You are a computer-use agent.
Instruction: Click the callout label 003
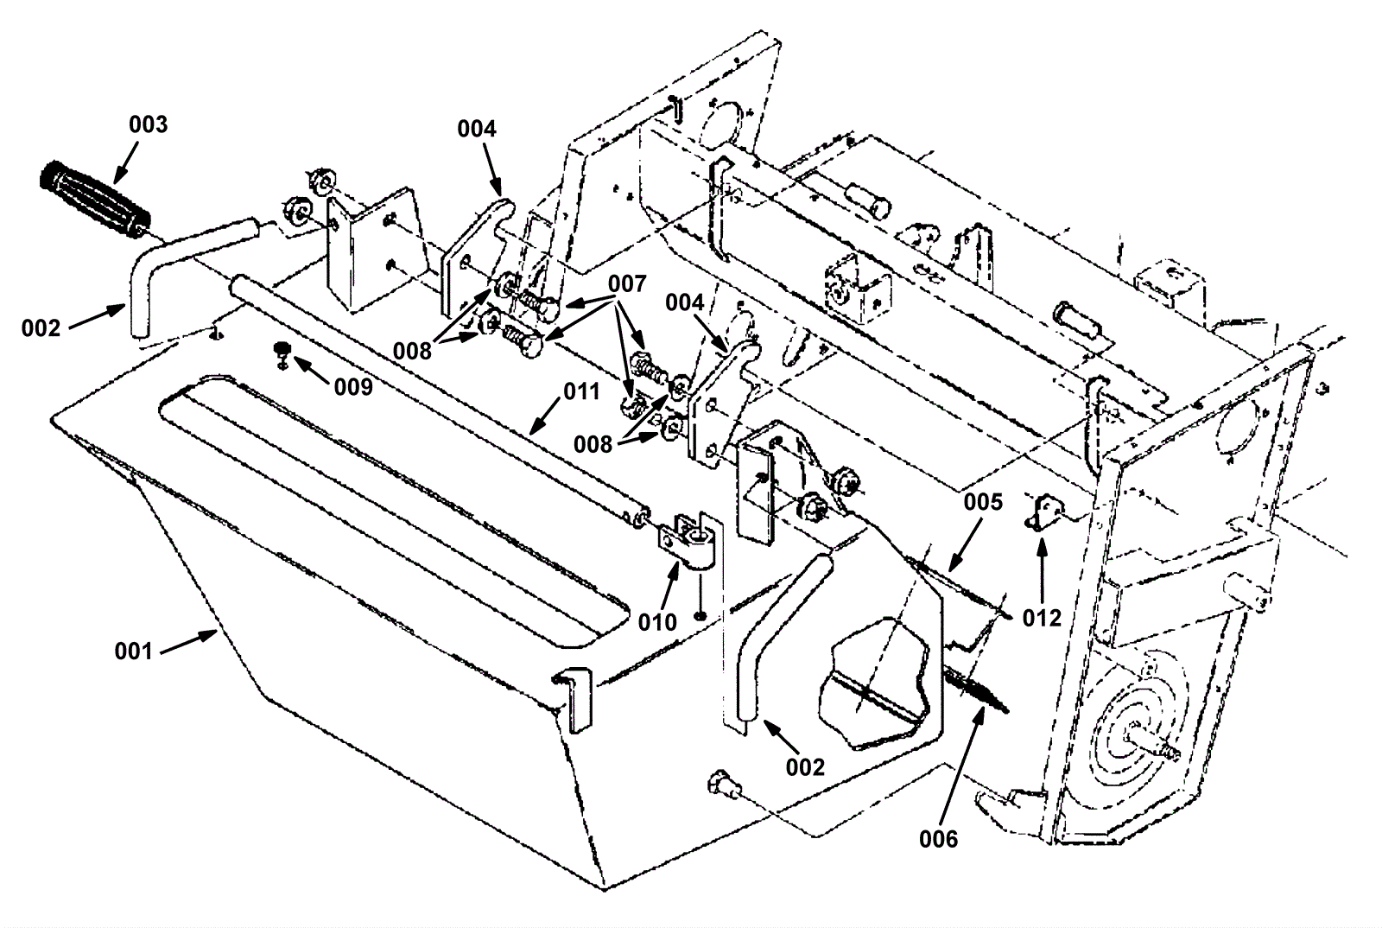148,124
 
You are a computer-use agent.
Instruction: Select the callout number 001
133,651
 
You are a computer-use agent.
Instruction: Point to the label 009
353,386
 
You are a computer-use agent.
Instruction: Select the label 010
657,622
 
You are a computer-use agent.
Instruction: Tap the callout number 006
939,838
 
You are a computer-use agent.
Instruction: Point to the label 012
1043,619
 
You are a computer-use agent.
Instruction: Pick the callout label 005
983,502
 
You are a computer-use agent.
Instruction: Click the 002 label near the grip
41,327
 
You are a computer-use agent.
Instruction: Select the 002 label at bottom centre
805,766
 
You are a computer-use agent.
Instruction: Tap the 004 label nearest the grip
477,129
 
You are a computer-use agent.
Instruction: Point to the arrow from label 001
188,642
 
